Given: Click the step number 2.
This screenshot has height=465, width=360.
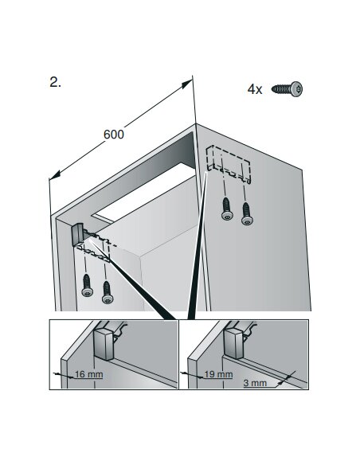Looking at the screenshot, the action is (x=55, y=82).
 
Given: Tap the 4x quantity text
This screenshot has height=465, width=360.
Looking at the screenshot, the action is (x=255, y=89).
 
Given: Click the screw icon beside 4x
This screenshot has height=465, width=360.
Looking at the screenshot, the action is (x=287, y=89).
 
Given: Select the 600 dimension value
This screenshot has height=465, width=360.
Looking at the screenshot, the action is (x=114, y=135).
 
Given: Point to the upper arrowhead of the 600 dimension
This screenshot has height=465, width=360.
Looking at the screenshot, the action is (x=187, y=84).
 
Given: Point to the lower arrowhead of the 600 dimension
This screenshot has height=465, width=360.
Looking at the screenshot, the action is (x=55, y=174).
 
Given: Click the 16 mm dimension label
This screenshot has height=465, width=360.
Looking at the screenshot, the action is (x=88, y=374).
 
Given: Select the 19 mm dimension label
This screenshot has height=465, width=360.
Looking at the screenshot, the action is (x=218, y=374).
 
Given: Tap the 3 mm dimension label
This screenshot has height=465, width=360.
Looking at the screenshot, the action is (x=255, y=383).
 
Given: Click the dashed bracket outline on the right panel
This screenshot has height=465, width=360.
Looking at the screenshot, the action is (x=229, y=164).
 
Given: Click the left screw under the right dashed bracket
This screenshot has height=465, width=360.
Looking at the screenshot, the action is (x=227, y=209).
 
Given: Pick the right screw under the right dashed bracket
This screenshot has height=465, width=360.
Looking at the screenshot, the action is (x=247, y=213).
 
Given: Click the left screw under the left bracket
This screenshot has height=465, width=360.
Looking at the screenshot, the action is (x=87, y=285).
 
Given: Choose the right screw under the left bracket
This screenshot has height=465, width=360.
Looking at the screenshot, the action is (x=108, y=292).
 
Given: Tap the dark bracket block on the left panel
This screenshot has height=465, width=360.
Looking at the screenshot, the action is (x=78, y=234).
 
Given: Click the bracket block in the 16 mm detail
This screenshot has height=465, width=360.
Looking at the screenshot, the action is (x=104, y=344).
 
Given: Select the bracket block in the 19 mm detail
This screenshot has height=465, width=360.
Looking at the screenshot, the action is (x=233, y=344).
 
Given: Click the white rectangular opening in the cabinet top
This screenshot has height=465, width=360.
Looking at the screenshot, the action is (x=145, y=193).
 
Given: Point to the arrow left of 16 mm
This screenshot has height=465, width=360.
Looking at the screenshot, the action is (x=64, y=375).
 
